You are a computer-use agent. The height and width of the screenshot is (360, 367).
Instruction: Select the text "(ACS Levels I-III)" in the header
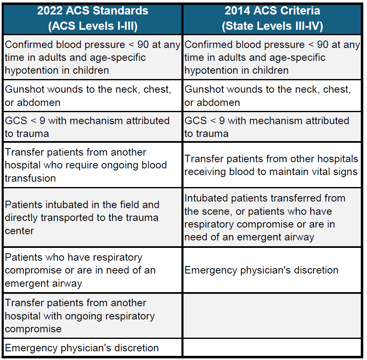93,26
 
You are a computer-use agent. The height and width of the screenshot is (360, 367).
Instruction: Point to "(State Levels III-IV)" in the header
272,26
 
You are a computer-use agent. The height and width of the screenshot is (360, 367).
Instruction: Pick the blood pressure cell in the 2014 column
272,58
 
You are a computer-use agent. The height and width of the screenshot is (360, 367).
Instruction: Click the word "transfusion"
30,178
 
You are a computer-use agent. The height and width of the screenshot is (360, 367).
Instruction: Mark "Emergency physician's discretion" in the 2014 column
261,270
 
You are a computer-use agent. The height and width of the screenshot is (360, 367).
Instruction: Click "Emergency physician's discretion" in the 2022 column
82,348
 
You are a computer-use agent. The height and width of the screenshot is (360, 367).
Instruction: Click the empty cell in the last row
272,348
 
